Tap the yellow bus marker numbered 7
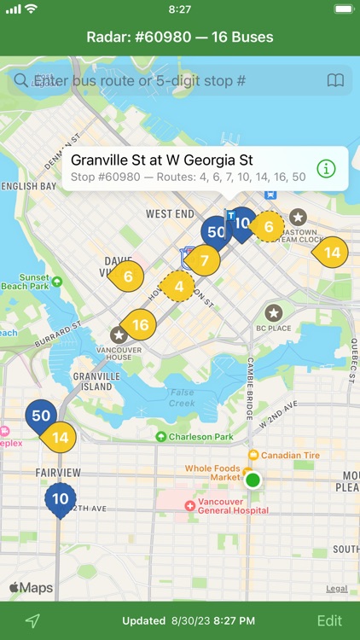(204, 259)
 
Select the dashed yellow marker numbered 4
(179, 287)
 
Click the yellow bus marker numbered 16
(140, 324)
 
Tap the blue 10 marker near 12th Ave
(61, 499)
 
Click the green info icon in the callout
(326, 168)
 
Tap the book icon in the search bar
(335, 81)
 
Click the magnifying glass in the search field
(20, 81)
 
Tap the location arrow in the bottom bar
(32, 620)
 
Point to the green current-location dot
(253, 480)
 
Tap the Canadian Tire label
(289, 455)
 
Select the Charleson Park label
(200, 437)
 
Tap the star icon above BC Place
(274, 313)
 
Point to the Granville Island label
(94, 381)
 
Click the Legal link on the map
(336, 588)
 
